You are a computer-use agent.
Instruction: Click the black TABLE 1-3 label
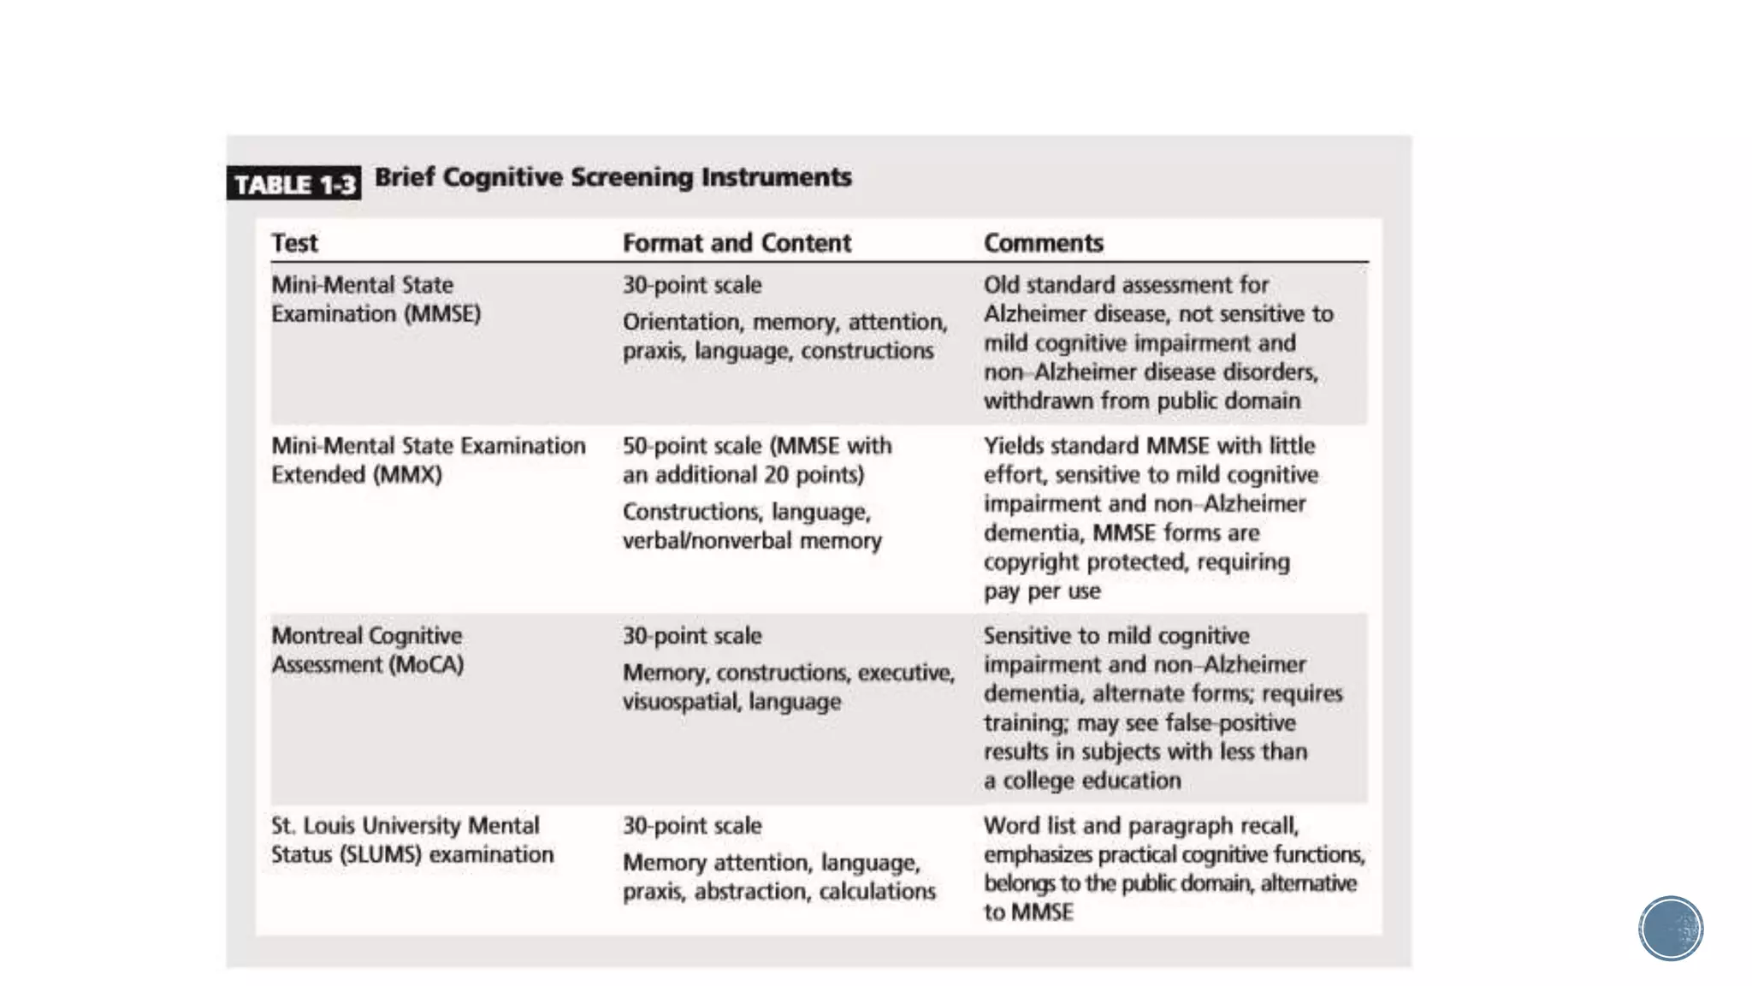pos(293,183)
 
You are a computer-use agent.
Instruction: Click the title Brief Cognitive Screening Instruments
pos(613,177)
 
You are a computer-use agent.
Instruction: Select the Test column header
pos(294,243)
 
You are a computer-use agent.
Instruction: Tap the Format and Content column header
pos(737,243)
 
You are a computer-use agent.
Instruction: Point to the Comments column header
pos(1043,243)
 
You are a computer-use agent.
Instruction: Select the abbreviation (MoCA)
pos(426,665)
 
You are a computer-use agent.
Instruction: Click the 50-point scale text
pos(691,446)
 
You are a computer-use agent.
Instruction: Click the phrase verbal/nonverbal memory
pos(751,541)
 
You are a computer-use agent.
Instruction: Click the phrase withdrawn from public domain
pos(1141,401)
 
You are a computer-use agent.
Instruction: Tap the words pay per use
pos(1041,591)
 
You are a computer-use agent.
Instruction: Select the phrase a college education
pos(1081,781)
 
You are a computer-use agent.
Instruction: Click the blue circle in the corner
pos(1670,929)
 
